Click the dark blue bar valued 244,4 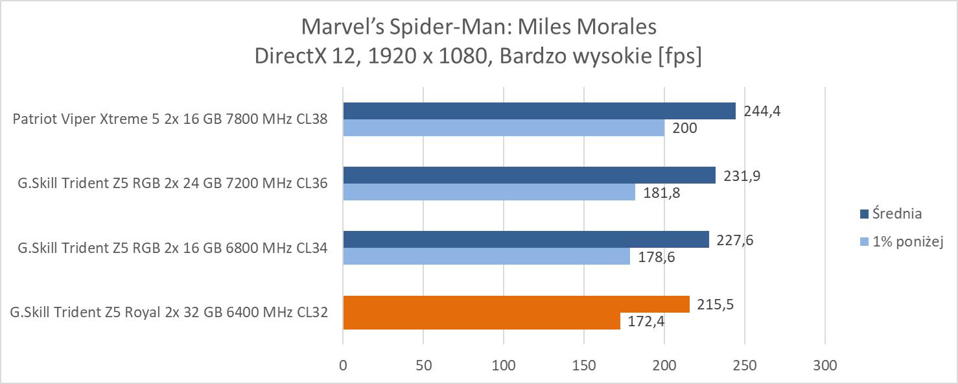[539, 111]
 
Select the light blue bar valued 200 [504, 128]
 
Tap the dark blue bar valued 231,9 [529, 175]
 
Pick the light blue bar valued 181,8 [489, 192]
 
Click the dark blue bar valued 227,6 [526, 239]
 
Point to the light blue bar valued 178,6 [486, 256]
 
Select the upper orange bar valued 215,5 [516, 304]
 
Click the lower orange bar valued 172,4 [481, 320]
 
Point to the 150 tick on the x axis [583, 365]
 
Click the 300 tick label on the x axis [824, 365]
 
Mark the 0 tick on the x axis [343, 365]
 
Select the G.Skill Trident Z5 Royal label [169, 313]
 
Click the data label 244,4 [762, 111]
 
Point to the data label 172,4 [644, 320]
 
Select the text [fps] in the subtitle [679, 56]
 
